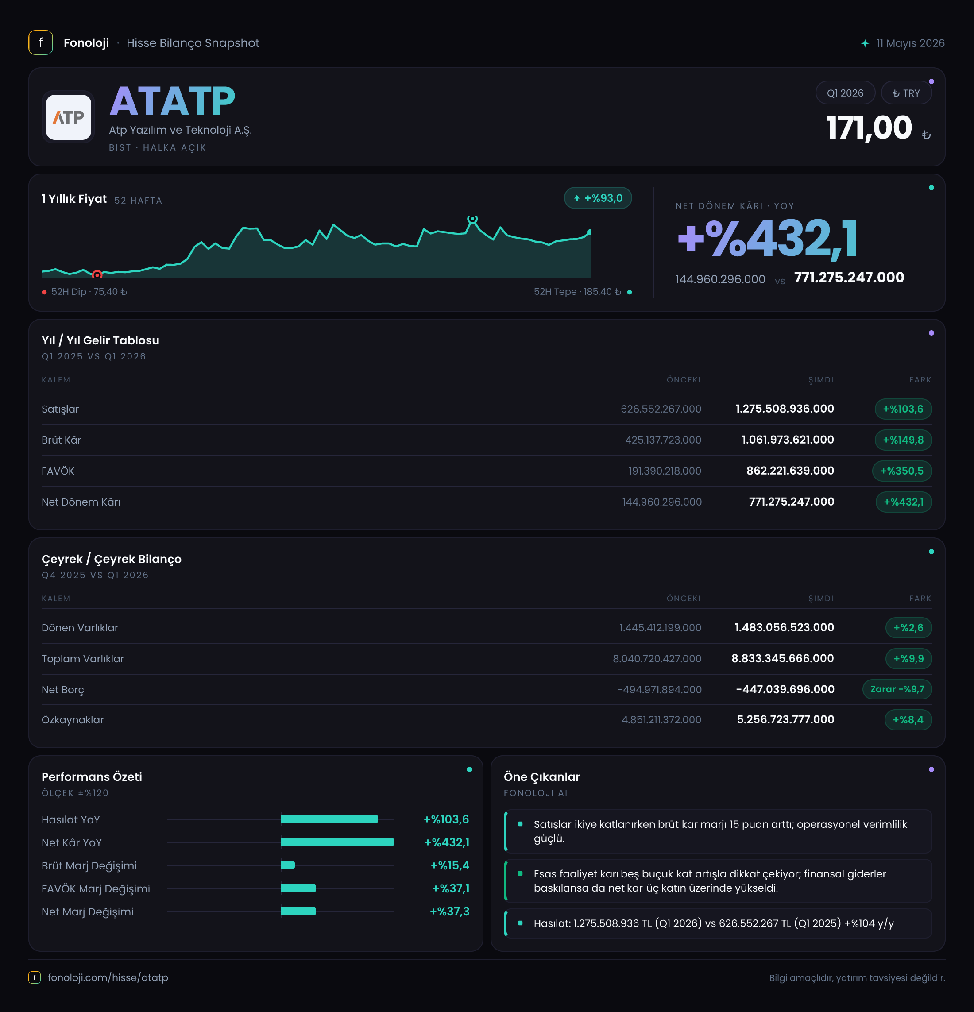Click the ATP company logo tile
[68, 117]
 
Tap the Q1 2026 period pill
[845, 93]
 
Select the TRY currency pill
[906, 93]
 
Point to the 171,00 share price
[869, 127]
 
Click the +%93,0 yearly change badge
[598, 198]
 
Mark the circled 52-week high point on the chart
[472, 219]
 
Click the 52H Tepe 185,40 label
[577, 292]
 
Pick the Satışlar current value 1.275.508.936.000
[785, 409]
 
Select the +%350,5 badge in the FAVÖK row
[902, 471]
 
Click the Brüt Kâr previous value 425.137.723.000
[663, 440]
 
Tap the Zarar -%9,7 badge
[897, 689]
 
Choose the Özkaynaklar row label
[73, 720]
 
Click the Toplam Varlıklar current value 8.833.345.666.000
[782, 658]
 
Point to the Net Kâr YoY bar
[337, 842]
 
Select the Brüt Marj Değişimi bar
[288, 865]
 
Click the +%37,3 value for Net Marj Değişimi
[449, 912]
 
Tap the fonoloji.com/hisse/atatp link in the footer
[108, 977]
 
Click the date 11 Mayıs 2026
[911, 43]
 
